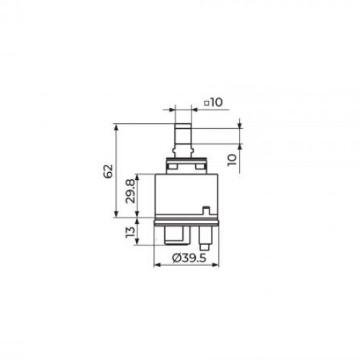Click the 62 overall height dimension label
[108, 171]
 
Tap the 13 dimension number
[130, 232]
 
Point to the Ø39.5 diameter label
[189, 258]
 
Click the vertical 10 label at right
[233, 160]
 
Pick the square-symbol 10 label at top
[213, 103]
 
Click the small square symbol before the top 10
[207, 104]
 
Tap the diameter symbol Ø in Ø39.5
[177, 258]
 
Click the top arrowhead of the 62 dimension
[117, 127]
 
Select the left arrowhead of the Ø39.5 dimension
[157, 265]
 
